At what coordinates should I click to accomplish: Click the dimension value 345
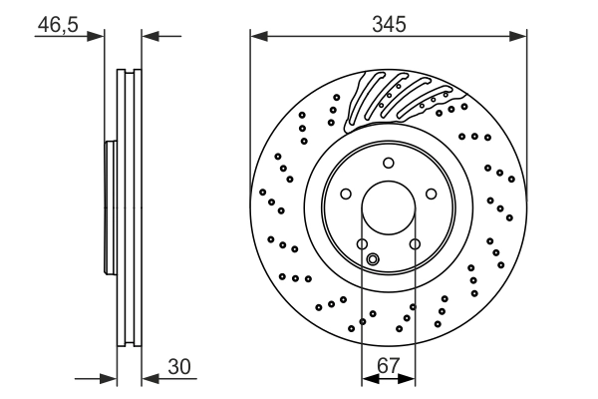[x=389, y=24]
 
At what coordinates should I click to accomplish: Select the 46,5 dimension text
[x=56, y=24]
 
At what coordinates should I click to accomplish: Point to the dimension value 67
[x=389, y=366]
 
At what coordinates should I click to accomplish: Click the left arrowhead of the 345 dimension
[x=256, y=37]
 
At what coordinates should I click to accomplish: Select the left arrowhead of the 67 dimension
[x=366, y=379]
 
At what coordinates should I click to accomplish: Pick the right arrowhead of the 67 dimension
[x=410, y=379]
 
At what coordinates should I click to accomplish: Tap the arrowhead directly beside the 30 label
[x=149, y=379]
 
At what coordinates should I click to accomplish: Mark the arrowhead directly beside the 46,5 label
[x=98, y=37]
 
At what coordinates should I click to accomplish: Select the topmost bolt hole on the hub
[x=389, y=163]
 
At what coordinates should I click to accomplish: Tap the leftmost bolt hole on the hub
[x=345, y=195]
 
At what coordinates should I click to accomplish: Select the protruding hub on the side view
[x=110, y=208]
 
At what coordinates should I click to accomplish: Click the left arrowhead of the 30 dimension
[x=111, y=379]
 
